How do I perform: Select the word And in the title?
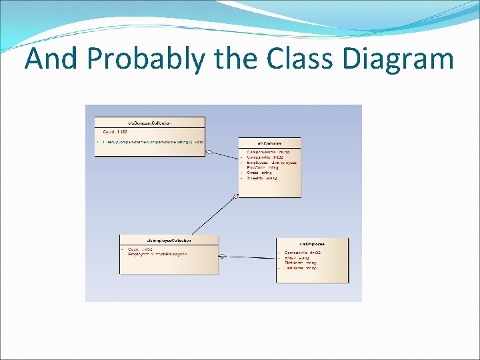52,59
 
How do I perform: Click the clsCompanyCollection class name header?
150,123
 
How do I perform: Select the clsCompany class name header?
269,143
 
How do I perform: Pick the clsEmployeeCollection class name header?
169,240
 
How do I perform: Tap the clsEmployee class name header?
312,243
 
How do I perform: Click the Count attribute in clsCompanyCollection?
115,132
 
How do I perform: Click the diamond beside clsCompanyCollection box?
209,152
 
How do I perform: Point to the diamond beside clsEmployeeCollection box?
223,255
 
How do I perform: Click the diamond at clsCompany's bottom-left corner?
235,196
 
